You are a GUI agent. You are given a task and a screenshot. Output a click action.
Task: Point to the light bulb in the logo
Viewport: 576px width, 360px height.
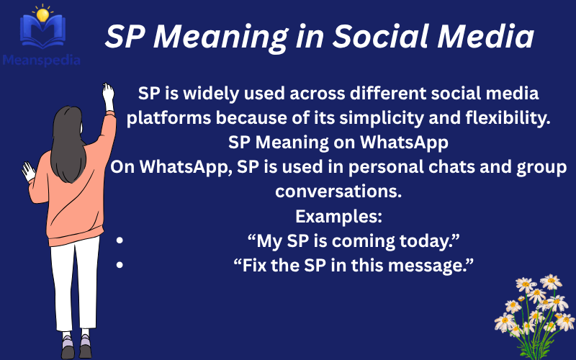coord(44,13)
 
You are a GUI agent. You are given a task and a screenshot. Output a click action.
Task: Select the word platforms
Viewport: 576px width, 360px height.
coord(176,117)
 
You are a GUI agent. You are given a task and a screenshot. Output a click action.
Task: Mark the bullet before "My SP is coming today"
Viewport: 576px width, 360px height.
coord(120,241)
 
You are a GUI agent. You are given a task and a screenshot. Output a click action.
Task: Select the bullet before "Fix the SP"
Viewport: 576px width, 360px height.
coord(120,266)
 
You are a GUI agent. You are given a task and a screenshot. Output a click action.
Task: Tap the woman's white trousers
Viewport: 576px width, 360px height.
coord(75,281)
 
